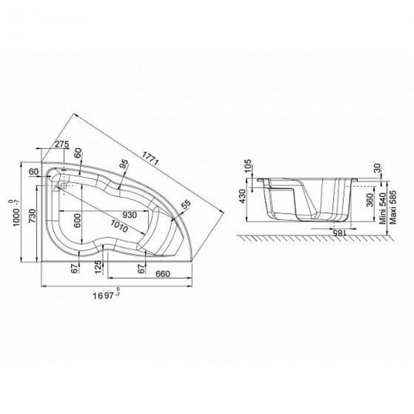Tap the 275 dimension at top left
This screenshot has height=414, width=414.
[62, 144]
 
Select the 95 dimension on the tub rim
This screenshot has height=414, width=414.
[124, 166]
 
